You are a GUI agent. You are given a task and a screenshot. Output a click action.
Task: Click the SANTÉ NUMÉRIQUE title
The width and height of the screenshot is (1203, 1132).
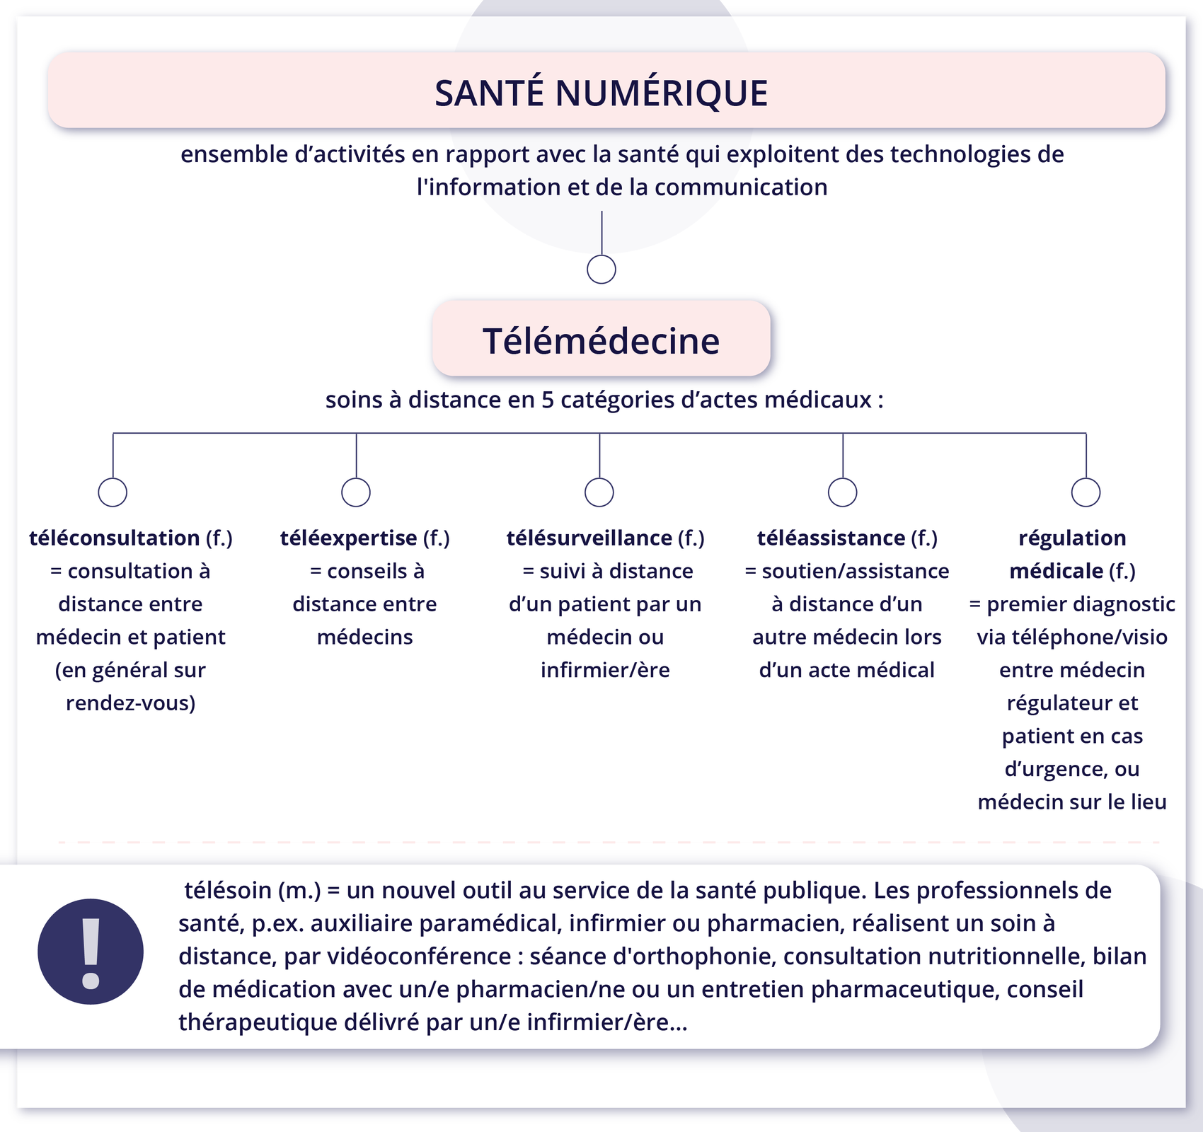pos(601,93)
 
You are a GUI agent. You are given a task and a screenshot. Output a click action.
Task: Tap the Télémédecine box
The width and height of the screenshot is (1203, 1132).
pos(601,340)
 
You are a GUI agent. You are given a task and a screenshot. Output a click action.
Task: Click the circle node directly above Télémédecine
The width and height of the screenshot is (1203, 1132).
pos(601,270)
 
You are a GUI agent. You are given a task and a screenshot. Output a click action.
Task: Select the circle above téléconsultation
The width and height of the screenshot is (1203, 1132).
pos(113,492)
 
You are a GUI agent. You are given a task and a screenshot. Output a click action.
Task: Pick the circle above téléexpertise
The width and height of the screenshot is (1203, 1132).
pos(356,492)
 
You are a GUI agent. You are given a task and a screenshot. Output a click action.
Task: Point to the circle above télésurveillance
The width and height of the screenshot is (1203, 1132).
pos(599,492)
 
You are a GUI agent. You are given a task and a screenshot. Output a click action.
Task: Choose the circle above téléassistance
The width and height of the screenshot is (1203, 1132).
pos(843,492)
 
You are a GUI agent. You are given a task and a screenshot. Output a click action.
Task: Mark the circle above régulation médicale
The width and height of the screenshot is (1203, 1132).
pos(1086,492)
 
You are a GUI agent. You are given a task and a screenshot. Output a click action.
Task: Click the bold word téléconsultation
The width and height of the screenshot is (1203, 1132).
pos(114,538)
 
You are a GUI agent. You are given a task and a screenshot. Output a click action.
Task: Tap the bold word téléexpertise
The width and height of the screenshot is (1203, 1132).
pos(348,538)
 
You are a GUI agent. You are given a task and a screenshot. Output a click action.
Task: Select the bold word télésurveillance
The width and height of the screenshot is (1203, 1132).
pos(589,538)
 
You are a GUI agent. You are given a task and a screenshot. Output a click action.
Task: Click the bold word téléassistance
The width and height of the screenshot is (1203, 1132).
pos(831,538)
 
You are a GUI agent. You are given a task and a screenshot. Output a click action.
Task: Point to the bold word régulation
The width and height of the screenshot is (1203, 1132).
pos(1072,538)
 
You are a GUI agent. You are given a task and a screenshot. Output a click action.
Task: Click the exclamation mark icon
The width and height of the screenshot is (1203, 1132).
pos(91,952)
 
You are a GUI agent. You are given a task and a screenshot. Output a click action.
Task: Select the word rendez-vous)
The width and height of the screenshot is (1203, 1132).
pos(131,703)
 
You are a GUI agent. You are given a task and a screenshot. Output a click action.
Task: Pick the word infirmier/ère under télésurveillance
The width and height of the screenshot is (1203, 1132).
pos(605,670)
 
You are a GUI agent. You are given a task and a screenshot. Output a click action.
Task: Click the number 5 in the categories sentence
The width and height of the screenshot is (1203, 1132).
pos(548,400)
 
